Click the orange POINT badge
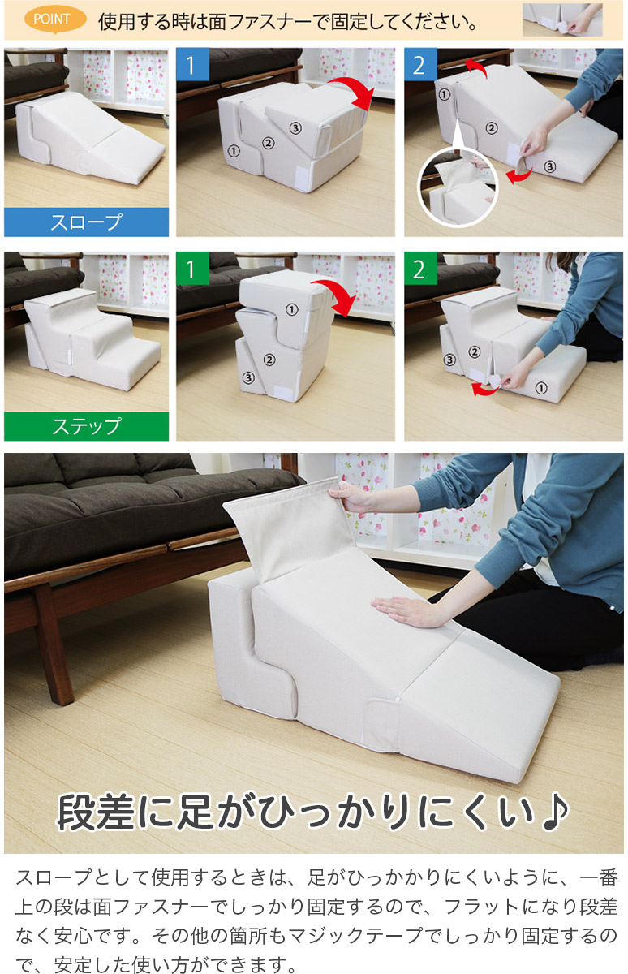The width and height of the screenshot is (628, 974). click(x=54, y=20)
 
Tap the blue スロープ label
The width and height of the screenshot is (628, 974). click(x=87, y=222)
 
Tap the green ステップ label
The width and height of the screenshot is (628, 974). click(x=87, y=426)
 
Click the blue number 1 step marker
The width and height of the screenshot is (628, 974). click(x=192, y=64)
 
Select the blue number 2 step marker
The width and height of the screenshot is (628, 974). click(x=420, y=64)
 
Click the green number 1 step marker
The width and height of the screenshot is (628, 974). click(x=192, y=269)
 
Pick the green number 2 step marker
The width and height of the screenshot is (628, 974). click(x=420, y=269)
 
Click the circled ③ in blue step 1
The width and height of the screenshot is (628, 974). click(x=295, y=128)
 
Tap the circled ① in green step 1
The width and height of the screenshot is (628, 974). click(x=291, y=309)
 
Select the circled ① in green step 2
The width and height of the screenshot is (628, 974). click(x=541, y=388)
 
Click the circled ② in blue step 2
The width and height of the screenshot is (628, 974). click(x=492, y=128)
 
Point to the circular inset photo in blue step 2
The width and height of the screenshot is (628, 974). click(x=458, y=187)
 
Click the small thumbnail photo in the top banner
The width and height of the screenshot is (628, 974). click(x=562, y=20)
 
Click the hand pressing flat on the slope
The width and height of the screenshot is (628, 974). click(x=402, y=610)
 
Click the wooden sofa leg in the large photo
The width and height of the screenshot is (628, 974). click(x=54, y=644)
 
